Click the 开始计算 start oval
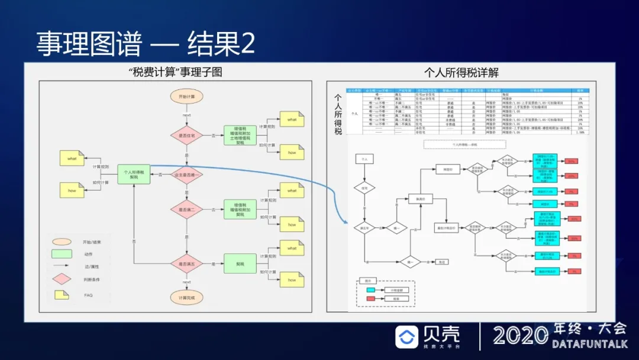click(x=187, y=96)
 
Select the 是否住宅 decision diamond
click(x=187, y=135)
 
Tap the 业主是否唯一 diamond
click(x=187, y=174)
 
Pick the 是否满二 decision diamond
click(x=187, y=209)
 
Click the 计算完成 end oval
click(x=187, y=297)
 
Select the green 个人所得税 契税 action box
click(x=134, y=174)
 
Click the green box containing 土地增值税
click(x=241, y=136)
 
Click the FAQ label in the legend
click(x=88, y=295)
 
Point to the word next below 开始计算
click(x=187, y=115)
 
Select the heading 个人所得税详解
click(x=461, y=72)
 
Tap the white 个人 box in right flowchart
click(x=364, y=159)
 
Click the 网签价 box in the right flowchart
click(x=448, y=169)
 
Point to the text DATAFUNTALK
click(x=589, y=343)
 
